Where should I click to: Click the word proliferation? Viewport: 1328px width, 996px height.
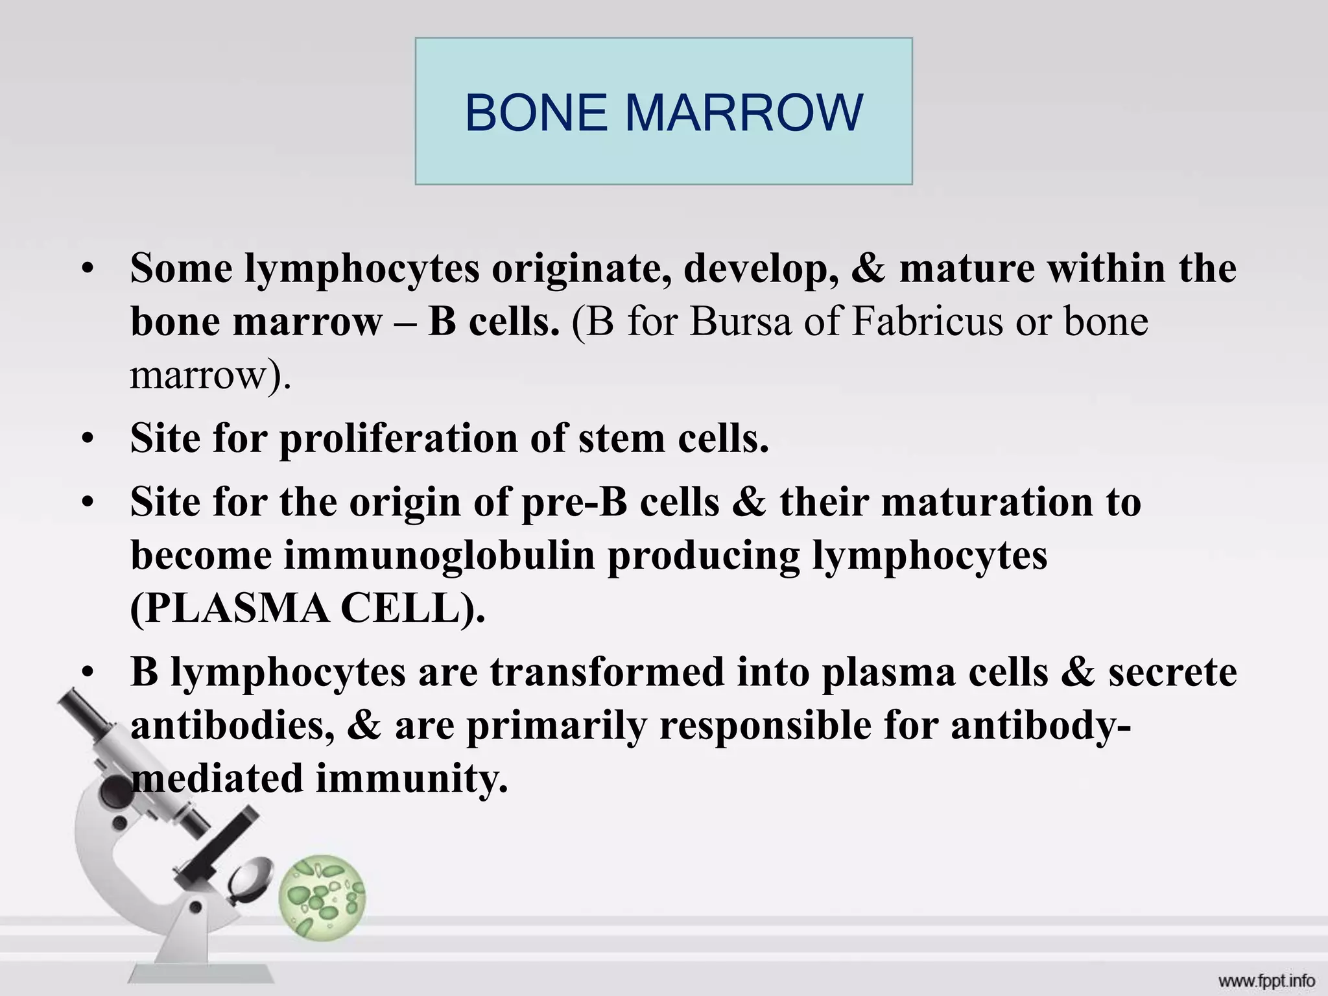[x=398, y=440]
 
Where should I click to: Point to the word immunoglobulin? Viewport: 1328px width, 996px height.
[x=438, y=556]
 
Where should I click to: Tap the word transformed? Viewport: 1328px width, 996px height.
[x=606, y=672]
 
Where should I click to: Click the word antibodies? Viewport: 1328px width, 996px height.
[x=233, y=726]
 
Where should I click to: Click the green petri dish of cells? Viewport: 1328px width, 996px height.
[x=322, y=897]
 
